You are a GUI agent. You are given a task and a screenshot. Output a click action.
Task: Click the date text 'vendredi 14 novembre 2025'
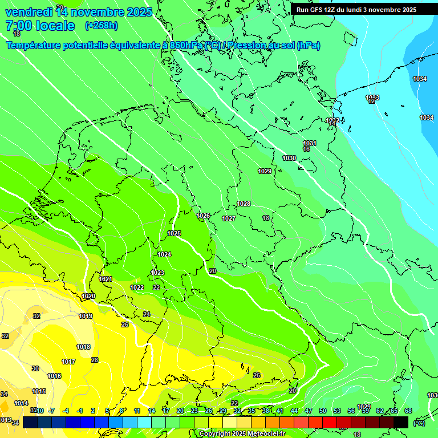[79, 12]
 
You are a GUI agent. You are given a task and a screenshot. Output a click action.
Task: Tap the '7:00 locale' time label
[40, 26]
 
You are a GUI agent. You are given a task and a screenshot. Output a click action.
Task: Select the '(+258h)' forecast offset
[101, 26]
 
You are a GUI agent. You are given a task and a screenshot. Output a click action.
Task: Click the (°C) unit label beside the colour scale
[419, 423]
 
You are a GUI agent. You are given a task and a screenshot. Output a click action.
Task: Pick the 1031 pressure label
[310, 143]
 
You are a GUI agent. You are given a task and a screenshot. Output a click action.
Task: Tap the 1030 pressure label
[289, 158]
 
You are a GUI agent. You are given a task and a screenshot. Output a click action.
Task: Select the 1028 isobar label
[244, 204]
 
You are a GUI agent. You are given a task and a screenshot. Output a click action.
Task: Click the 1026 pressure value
[203, 216]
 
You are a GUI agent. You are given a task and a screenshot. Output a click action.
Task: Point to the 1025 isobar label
[174, 233]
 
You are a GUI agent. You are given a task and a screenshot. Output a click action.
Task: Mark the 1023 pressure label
[157, 273]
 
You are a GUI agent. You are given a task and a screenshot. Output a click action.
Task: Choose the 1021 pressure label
[106, 279]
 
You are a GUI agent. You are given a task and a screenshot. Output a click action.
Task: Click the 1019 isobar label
[86, 316]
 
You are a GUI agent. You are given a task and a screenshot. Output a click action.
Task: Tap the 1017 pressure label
[68, 362]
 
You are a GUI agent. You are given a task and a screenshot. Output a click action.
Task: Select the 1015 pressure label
[39, 391]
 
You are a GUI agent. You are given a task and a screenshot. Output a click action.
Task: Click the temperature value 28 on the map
[95, 360]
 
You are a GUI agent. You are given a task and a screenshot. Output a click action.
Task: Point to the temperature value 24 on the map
[147, 314]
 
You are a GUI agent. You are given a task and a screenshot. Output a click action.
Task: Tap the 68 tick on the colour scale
[408, 411]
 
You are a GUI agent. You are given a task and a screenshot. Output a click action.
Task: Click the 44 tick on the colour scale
[294, 411]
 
